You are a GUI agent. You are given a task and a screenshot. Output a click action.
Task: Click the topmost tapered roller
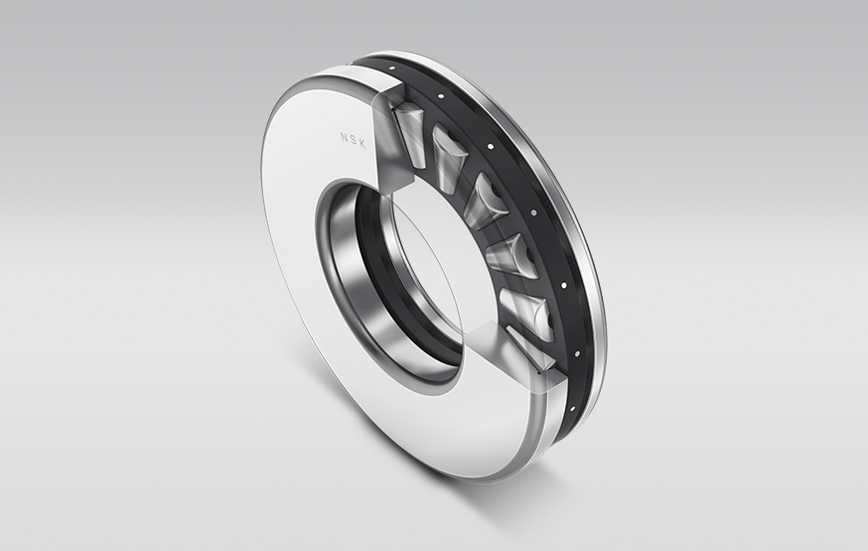coord(409,125)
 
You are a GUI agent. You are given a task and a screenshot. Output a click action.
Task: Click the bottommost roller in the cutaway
coord(528,347)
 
